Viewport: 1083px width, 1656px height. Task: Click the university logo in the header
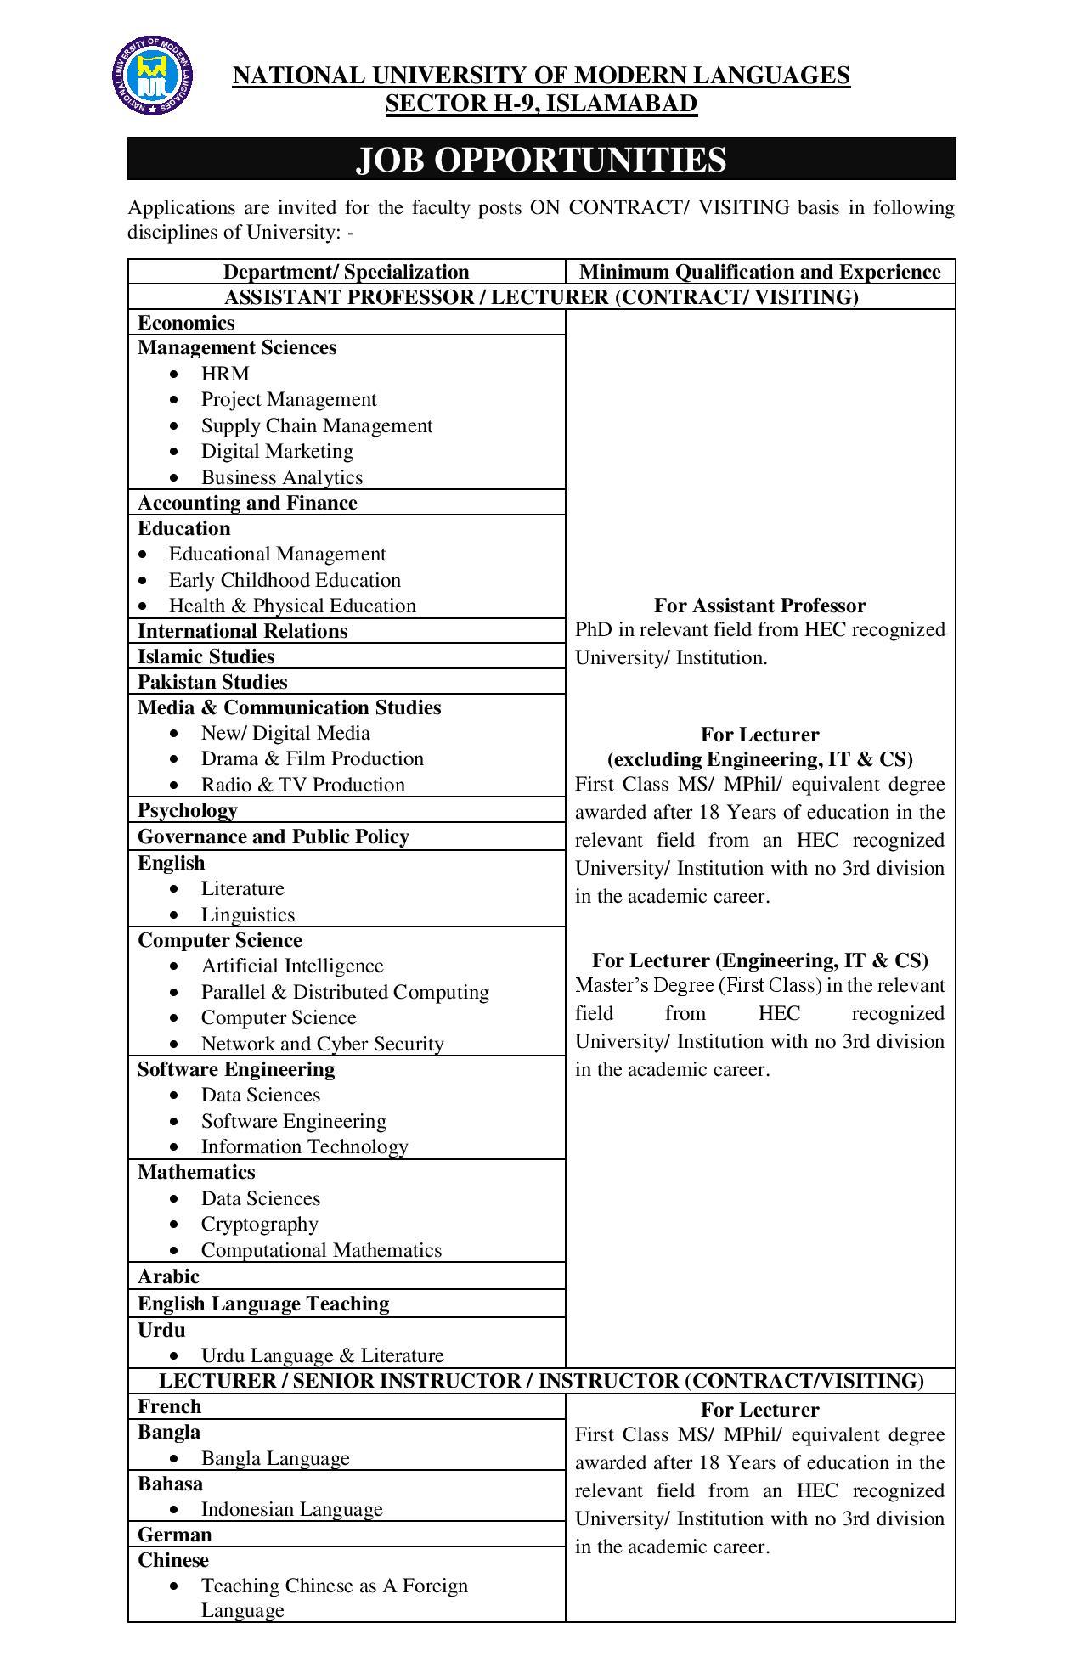(x=152, y=77)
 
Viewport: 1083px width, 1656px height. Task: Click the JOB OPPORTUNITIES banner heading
(x=541, y=160)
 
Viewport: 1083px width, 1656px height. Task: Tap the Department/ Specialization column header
(x=346, y=272)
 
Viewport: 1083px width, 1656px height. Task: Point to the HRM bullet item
(x=225, y=374)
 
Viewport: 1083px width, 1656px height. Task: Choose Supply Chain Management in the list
(x=317, y=425)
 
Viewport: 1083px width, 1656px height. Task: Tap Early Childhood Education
(x=285, y=580)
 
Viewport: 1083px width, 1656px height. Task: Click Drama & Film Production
(x=312, y=758)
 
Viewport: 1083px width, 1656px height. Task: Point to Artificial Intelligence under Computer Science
(x=292, y=966)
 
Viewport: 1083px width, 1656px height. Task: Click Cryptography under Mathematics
(x=259, y=1224)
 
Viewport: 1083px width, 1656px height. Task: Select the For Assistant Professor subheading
(x=759, y=606)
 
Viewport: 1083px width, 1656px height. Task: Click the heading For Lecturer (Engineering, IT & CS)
(x=759, y=960)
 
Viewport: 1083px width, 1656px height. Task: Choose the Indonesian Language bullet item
(x=291, y=1509)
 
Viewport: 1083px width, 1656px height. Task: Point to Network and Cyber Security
(x=322, y=1044)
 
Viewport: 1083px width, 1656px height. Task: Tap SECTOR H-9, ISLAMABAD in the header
(x=541, y=104)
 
